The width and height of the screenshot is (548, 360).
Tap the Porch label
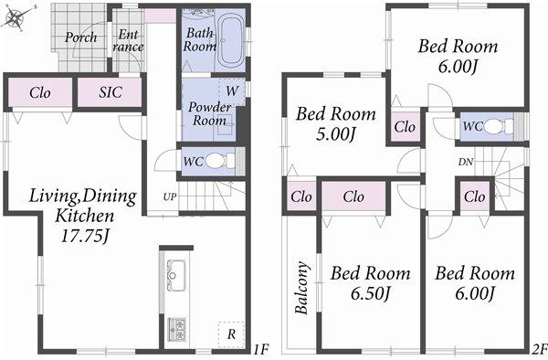[80, 38]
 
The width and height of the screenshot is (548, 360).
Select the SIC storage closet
[108, 92]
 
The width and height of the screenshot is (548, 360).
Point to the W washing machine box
[232, 91]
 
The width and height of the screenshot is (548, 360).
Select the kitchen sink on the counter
[175, 272]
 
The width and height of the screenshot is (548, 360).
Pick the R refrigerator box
[231, 335]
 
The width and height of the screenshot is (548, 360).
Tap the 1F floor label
[259, 349]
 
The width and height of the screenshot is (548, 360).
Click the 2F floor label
[538, 349]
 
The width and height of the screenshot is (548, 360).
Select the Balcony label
[302, 288]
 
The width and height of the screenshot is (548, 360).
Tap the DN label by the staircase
[466, 162]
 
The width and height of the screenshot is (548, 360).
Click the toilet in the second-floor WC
[494, 127]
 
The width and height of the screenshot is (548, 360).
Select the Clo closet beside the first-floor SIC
[39, 92]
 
